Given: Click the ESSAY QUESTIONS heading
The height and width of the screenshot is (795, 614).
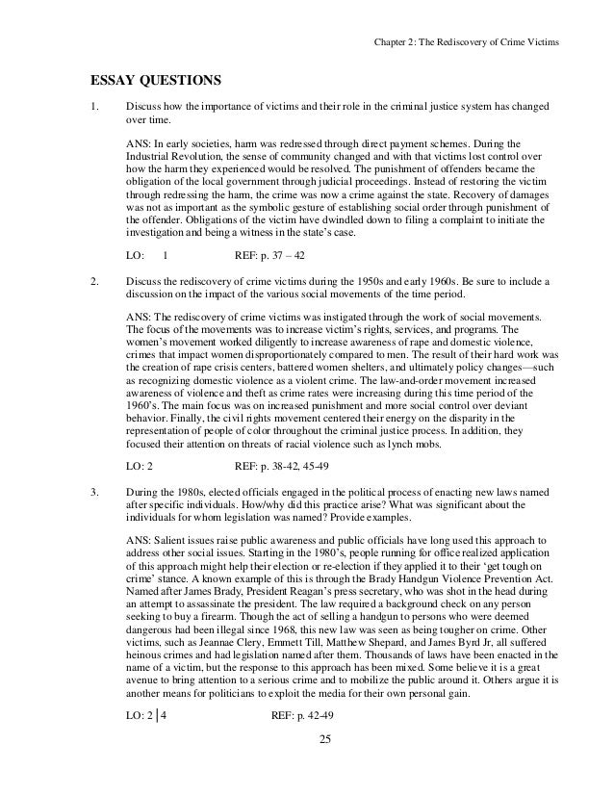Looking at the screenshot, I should click(x=143, y=79).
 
